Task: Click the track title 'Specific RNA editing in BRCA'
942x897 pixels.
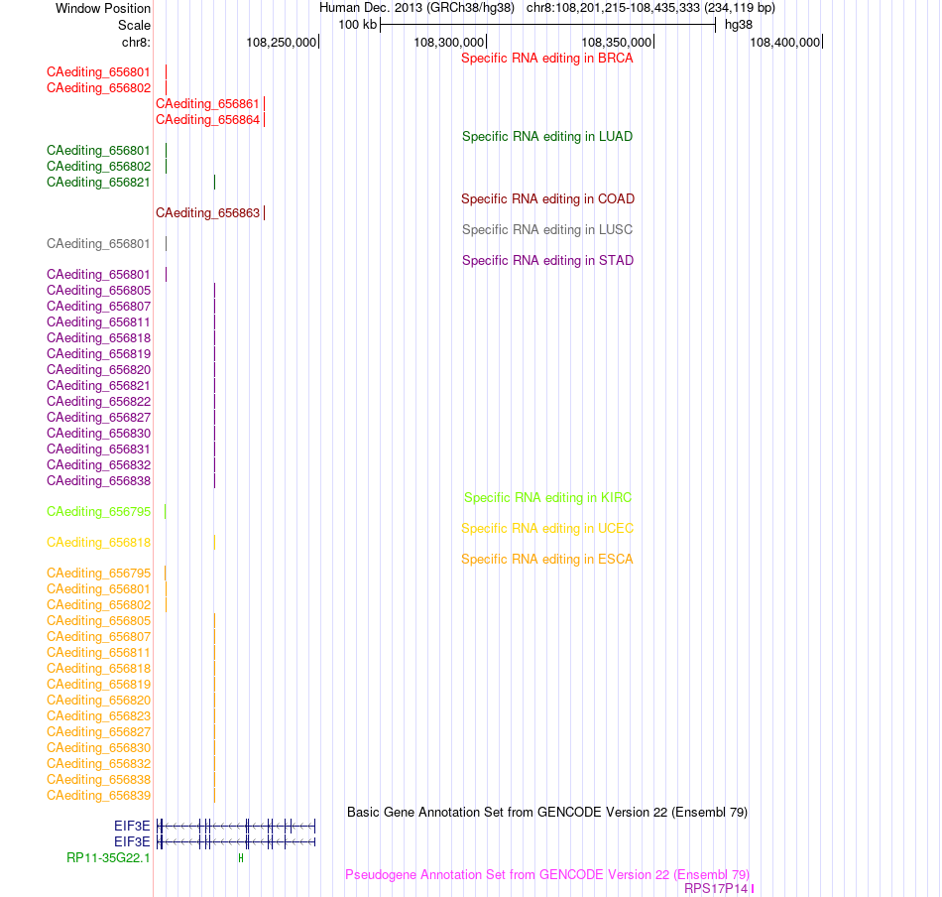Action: click(x=546, y=59)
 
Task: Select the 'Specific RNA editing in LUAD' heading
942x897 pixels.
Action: click(x=546, y=137)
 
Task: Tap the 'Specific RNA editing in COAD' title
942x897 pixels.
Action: click(x=547, y=199)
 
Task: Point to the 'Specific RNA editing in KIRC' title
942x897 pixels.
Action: click(x=547, y=498)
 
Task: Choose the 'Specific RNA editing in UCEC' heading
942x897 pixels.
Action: click(x=547, y=529)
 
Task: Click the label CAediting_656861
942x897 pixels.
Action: click(x=207, y=104)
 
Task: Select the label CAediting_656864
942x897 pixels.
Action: click(x=207, y=120)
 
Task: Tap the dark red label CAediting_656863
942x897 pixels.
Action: click(x=207, y=212)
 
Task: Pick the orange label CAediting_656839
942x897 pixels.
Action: click(x=98, y=796)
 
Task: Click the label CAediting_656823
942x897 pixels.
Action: click(x=98, y=716)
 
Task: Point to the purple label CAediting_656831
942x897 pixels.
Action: click(x=98, y=449)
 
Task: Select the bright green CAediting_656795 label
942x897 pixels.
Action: click(x=98, y=512)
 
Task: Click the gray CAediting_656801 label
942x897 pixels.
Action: click(x=98, y=243)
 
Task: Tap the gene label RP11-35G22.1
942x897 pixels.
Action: click(x=108, y=858)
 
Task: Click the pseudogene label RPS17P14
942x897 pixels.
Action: click(x=716, y=889)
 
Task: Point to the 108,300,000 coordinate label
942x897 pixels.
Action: click(x=449, y=42)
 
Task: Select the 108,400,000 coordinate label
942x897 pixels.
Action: click(x=784, y=42)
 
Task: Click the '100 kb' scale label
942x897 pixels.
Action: click(x=357, y=25)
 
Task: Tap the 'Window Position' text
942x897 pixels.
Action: click(x=103, y=8)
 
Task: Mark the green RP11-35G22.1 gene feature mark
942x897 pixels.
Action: click(x=241, y=858)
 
